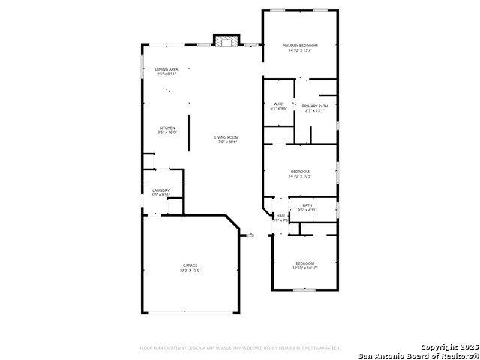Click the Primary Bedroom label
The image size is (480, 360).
pyautogui.click(x=300, y=46)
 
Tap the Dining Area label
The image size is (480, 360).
pyautogui.click(x=166, y=69)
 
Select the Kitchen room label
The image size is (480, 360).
pyautogui.click(x=166, y=127)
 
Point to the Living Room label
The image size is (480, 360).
pyautogui.click(x=226, y=137)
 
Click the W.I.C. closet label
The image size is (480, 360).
pyautogui.click(x=278, y=103)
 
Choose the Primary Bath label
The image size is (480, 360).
pyautogui.click(x=315, y=106)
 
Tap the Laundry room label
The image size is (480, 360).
pyautogui.click(x=160, y=190)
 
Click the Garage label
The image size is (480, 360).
pyautogui.click(x=190, y=265)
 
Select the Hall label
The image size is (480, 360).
pyautogui.click(x=280, y=215)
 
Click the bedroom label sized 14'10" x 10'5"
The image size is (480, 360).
pyautogui.click(x=300, y=172)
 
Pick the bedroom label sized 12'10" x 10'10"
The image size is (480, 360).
pyautogui.click(x=304, y=262)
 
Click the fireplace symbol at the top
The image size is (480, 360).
pyautogui.click(x=226, y=41)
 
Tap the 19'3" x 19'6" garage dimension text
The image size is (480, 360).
pyautogui.click(x=190, y=270)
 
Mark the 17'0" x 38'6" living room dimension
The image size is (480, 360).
pyautogui.click(x=226, y=142)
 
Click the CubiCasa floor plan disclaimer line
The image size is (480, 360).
pyautogui.click(x=239, y=348)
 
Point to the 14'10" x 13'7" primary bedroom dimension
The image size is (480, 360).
pyautogui.click(x=300, y=51)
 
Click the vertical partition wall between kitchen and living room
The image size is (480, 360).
pyautogui.click(x=189, y=133)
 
